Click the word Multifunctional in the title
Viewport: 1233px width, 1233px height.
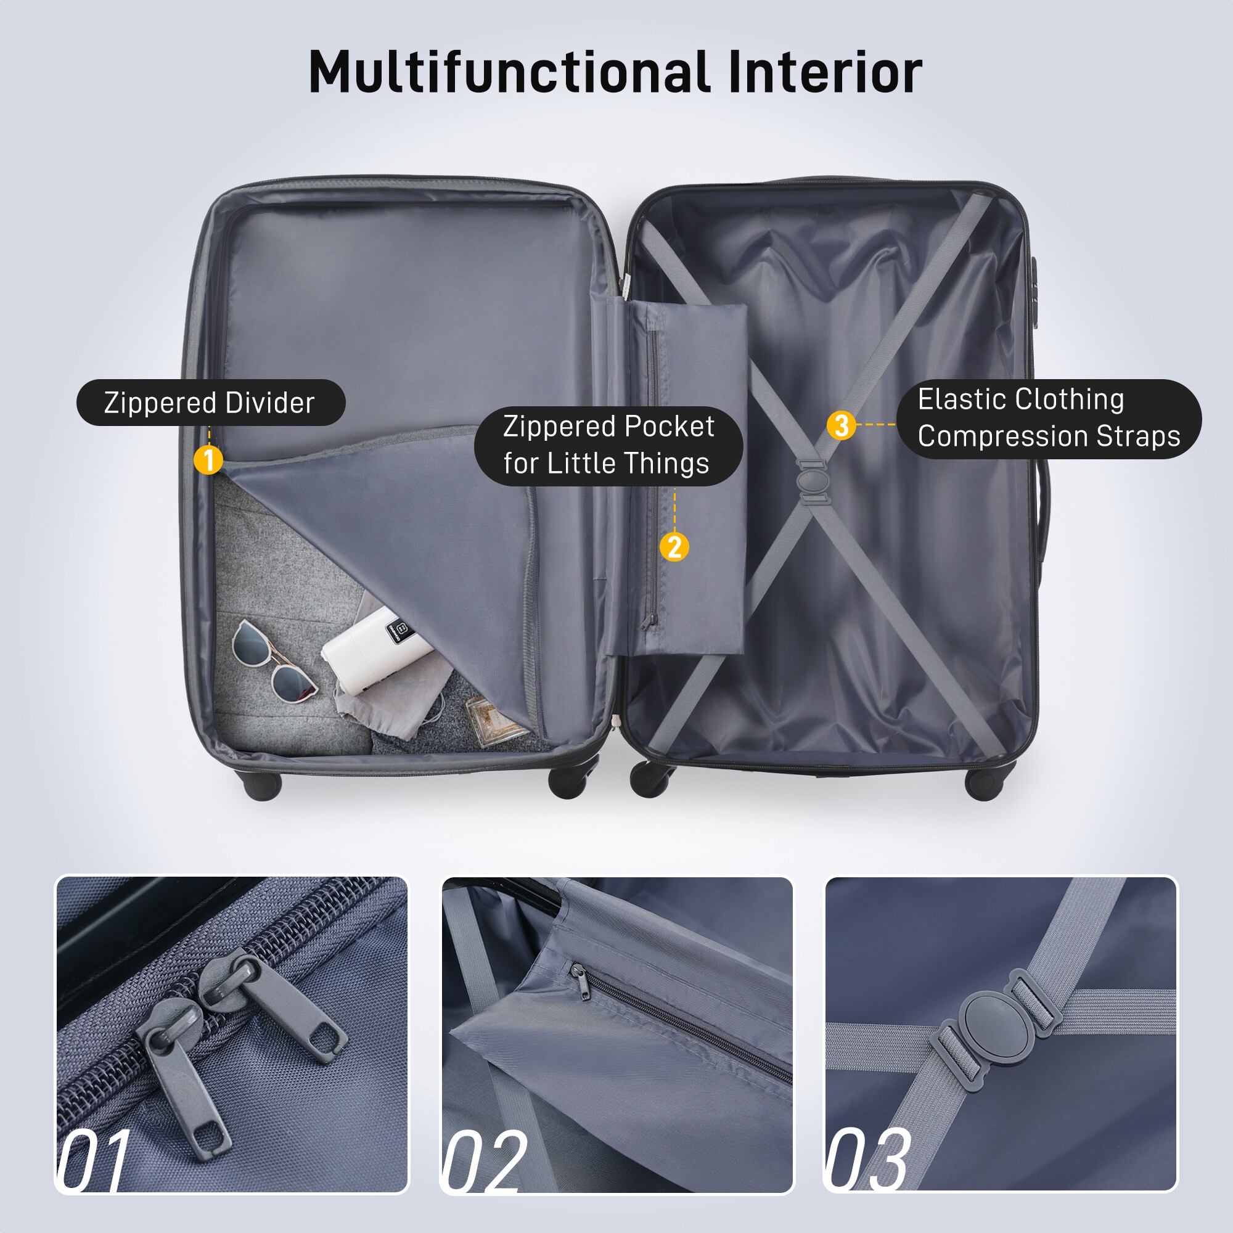(x=509, y=72)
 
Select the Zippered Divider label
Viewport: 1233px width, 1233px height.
(x=210, y=403)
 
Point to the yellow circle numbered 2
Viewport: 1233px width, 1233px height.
(x=674, y=547)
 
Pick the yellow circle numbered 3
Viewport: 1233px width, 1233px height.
(x=841, y=425)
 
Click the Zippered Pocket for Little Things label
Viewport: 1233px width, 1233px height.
(x=608, y=445)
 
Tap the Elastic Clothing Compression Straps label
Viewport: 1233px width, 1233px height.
(x=1048, y=418)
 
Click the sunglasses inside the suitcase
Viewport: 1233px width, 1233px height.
(x=273, y=660)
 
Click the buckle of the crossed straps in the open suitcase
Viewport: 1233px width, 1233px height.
(x=813, y=482)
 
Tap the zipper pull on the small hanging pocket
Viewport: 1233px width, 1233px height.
(x=650, y=621)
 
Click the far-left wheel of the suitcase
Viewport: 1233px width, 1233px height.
(x=261, y=785)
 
